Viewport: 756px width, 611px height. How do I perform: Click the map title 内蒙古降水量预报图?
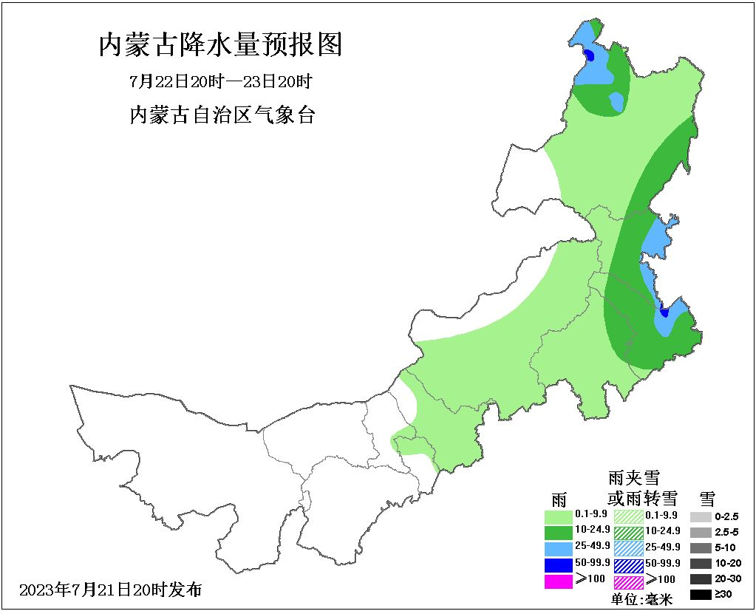click(x=221, y=45)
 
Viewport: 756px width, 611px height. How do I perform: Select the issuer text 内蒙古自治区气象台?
click(x=222, y=115)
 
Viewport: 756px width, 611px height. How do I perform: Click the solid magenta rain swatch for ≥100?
click(x=558, y=581)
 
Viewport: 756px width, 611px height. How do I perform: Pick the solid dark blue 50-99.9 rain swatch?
click(x=558, y=564)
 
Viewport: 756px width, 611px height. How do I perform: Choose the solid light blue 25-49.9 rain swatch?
click(x=558, y=547)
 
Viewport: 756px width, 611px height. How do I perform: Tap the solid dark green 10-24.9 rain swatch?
click(x=558, y=531)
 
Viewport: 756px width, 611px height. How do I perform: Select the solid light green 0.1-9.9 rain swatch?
click(x=558, y=515)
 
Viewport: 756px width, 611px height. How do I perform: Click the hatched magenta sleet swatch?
click(x=629, y=581)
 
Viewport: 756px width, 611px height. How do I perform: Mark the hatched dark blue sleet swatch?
click(x=629, y=564)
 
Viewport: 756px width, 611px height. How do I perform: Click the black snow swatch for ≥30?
click(x=701, y=594)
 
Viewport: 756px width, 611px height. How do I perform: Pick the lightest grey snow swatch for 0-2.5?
click(x=701, y=516)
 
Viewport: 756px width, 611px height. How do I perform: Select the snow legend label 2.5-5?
click(x=727, y=532)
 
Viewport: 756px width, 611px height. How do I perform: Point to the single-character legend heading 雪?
click(x=707, y=496)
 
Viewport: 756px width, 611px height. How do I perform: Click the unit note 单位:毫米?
click(x=642, y=600)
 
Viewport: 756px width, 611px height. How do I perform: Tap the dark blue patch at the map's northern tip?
click(x=590, y=55)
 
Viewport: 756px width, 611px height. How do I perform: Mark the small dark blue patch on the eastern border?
click(x=664, y=312)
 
